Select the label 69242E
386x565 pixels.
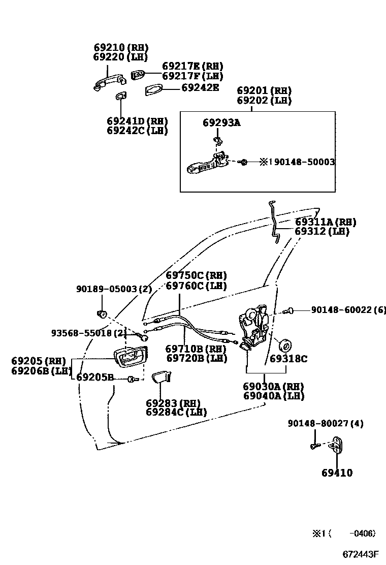[x=201, y=87]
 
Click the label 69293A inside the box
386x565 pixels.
[x=221, y=122]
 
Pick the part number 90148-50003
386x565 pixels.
[x=304, y=162]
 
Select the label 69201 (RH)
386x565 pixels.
[x=264, y=91]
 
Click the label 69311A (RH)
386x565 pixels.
[x=325, y=222]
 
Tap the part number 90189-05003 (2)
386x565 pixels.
[x=114, y=289]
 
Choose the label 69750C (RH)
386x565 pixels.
[x=196, y=276]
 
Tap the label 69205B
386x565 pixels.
[x=95, y=378]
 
